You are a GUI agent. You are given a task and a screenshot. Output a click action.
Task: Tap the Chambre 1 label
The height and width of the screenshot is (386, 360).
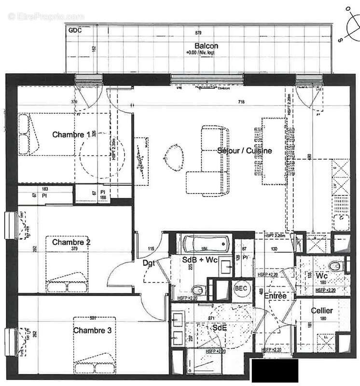pos(71,135)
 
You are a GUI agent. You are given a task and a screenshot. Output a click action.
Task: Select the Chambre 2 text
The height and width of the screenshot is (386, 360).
pos(71,242)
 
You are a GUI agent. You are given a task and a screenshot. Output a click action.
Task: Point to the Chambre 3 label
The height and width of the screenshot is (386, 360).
pos(93,331)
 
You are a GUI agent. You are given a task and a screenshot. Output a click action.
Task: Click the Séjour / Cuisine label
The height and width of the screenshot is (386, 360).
pos(244,151)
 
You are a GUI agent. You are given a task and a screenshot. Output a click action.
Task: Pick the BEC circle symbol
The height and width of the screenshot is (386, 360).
pos(241,288)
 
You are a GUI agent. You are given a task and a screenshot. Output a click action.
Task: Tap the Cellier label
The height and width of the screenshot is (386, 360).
pos(322,311)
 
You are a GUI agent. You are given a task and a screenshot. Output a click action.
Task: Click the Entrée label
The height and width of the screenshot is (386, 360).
pos(275,296)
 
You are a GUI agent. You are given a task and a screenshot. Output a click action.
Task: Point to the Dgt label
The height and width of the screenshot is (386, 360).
pos(149,263)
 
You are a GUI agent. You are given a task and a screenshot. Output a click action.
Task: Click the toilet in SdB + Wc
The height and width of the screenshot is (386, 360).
pos(197,290)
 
